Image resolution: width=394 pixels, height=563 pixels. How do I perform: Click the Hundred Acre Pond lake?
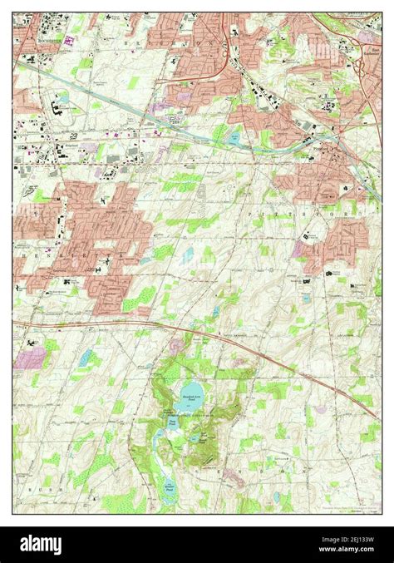191,391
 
